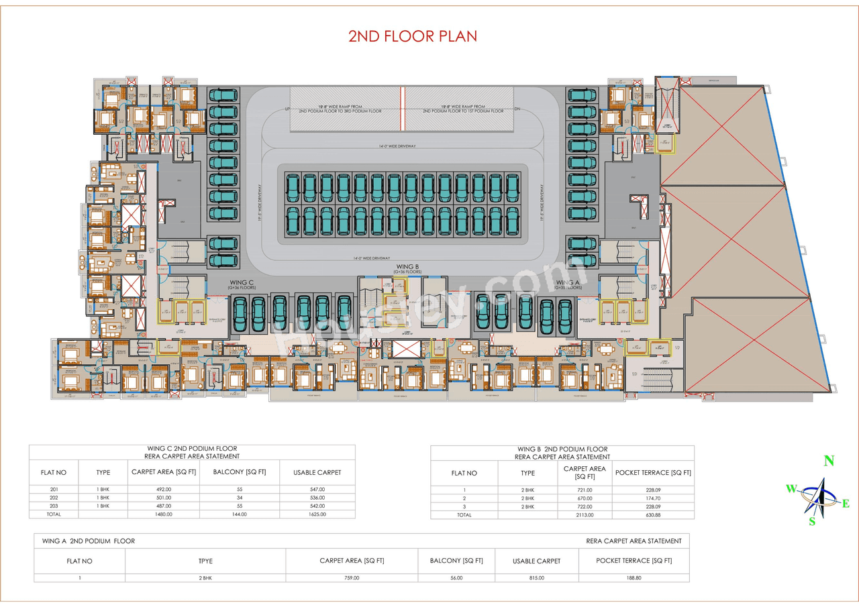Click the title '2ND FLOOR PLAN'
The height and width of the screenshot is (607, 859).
point(412,36)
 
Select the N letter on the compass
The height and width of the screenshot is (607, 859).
point(829,461)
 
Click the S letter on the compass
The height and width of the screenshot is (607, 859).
point(812,522)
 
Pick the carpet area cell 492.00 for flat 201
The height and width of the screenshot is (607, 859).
point(164,490)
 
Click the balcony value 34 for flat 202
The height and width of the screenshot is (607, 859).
point(239,498)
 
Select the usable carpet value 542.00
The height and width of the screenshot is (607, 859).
point(317,506)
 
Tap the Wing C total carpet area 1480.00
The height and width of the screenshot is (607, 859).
point(164,514)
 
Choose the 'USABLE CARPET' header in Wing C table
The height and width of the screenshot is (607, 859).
point(317,472)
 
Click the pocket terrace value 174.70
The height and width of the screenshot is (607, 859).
point(652,498)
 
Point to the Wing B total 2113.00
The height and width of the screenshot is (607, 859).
point(585,514)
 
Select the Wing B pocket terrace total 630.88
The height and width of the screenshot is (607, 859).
point(652,514)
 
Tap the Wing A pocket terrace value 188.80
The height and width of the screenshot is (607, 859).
point(633,577)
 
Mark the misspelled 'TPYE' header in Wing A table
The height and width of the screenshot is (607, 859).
point(205,561)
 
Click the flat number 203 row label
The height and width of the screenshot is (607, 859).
point(54,506)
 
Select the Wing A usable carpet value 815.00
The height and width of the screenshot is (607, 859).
point(536,577)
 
